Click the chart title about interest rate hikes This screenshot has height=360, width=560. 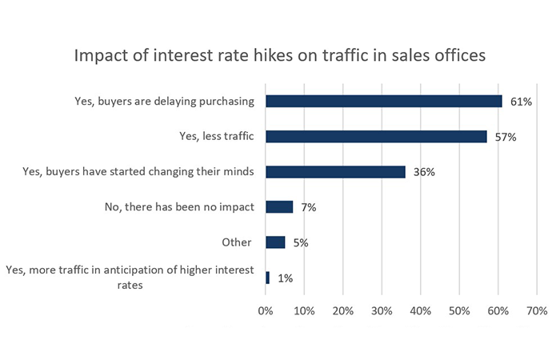point(280,57)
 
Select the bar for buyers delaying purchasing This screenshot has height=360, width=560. point(384,102)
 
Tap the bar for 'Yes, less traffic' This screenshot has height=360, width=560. point(376,137)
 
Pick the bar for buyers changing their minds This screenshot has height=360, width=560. point(335,172)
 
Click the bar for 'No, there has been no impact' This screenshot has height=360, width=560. point(279,207)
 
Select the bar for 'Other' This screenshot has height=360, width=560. point(275,242)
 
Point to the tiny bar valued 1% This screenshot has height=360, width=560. point(267,278)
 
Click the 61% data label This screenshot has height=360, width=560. point(521,102)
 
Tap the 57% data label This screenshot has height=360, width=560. point(505,137)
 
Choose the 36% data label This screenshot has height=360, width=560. point(424,172)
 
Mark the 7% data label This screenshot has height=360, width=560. point(309,207)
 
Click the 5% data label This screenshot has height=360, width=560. point(301,242)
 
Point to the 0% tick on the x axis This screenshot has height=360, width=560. point(266,310)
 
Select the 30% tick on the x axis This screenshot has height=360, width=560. point(382,310)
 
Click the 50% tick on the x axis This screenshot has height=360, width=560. point(459,310)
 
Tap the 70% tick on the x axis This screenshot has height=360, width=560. point(536,310)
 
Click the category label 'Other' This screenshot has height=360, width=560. point(237,242)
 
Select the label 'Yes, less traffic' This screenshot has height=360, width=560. point(216,137)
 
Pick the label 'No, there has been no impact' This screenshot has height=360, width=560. point(179,207)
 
